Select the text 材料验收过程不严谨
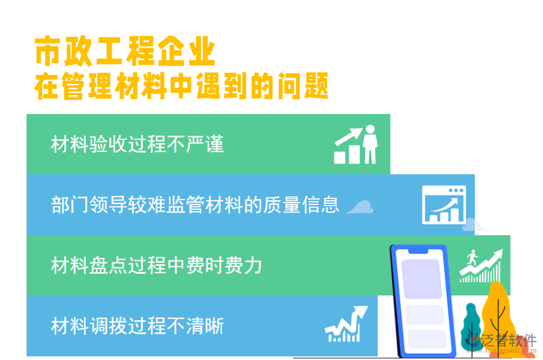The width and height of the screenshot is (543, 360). tap(138, 145)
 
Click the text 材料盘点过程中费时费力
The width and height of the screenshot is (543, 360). tap(156, 265)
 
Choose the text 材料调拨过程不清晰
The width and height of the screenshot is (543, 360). tap(138, 326)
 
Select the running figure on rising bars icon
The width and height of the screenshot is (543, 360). tap(480, 265)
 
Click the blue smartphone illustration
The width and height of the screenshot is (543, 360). tap(422, 300)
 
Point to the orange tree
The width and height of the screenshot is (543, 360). tap(497, 308)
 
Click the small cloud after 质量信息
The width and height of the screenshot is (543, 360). tap(360, 207)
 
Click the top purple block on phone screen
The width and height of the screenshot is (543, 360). tap(421, 279)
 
